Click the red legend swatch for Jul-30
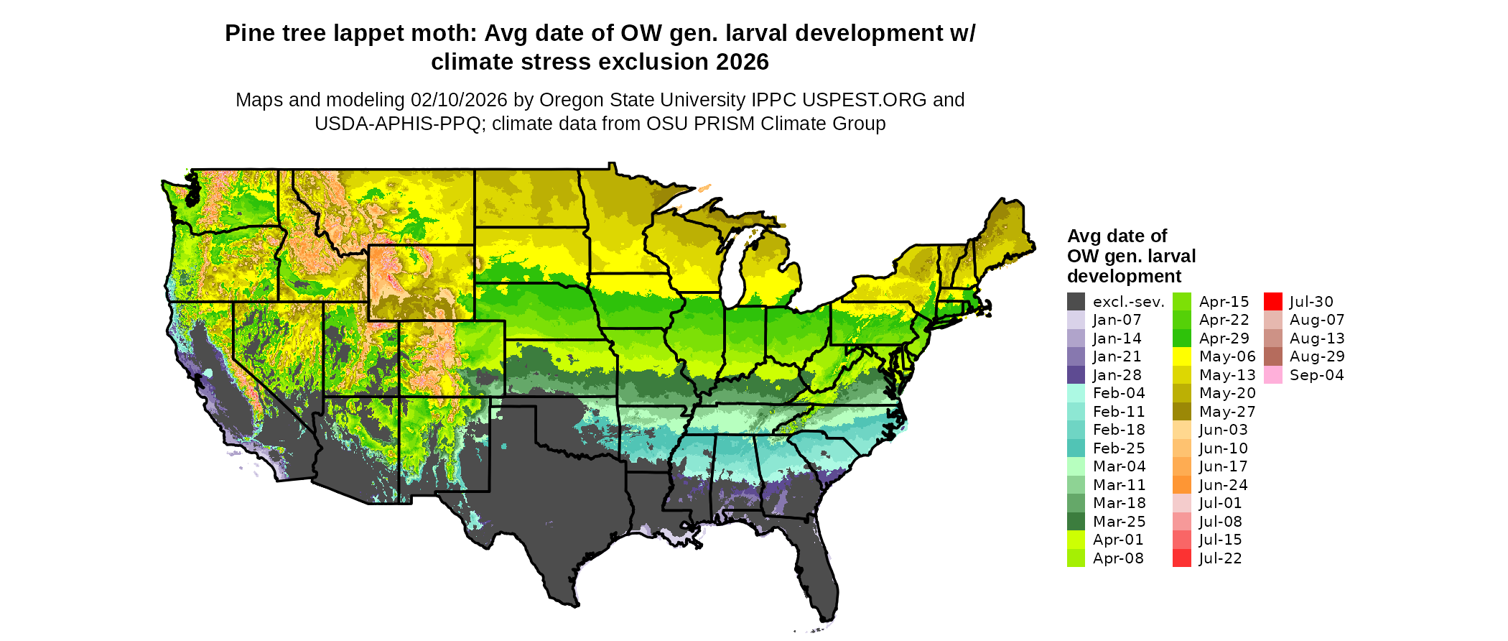coord(1272,302)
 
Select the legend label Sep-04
coord(1316,375)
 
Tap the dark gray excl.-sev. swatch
coord(1076,302)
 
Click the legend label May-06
coord(1227,356)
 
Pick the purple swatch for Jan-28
coord(1076,375)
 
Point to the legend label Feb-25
coord(1119,448)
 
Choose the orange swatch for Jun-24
coord(1181,485)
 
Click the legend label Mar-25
coord(1119,522)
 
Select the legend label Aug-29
coord(1317,356)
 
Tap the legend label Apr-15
coord(1224,302)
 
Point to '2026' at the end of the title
coord(743,63)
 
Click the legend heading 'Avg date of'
coord(1117,236)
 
